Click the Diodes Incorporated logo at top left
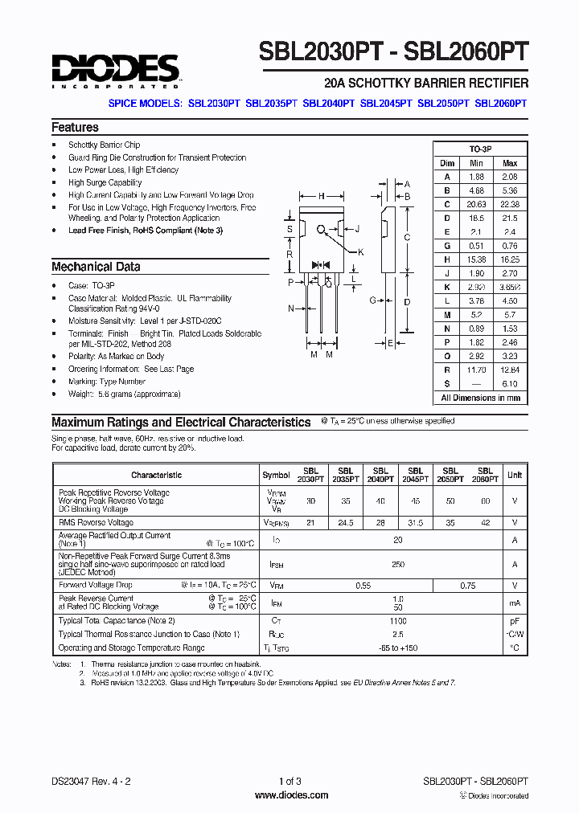pos(115,71)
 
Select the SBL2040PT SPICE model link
pos(328,104)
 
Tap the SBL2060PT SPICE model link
pos(501,104)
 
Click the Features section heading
pos(75,127)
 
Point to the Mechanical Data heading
pos(96,267)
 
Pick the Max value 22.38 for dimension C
pos(510,204)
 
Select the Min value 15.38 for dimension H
pos(476,259)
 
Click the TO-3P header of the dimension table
pos(481,149)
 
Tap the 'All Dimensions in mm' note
pos(481,398)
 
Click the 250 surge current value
pos(398,565)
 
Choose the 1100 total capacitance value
pos(398,621)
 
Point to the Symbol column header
pos(276,475)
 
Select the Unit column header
pos(515,475)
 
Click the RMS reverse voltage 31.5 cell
pos(416,522)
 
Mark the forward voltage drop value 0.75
pos(468,586)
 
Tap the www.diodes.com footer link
pos(291,795)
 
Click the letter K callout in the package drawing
pos(361,252)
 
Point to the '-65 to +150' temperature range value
pos(398,648)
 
